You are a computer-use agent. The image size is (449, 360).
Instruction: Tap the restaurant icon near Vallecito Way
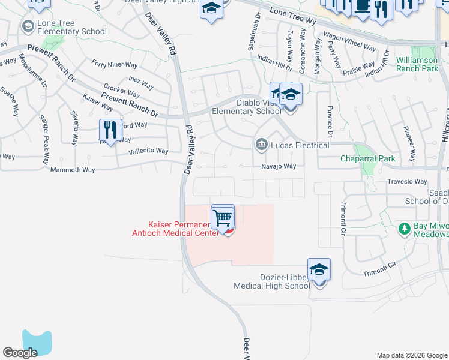click(x=110, y=130)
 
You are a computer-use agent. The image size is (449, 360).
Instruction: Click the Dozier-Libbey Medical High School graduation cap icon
click(x=319, y=269)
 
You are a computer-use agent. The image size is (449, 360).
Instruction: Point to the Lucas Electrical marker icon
click(x=262, y=145)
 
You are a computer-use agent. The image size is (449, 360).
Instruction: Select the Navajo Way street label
click(x=278, y=166)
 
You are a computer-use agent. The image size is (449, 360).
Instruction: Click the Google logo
click(x=20, y=353)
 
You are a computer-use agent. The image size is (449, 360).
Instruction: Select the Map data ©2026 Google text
click(x=411, y=355)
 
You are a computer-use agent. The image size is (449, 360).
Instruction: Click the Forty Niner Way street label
click(x=114, y=64)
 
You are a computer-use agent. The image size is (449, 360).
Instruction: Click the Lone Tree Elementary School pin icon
click(x=28, y=26)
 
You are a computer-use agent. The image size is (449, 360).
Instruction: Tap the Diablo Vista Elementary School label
click(x=247, y=106)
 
